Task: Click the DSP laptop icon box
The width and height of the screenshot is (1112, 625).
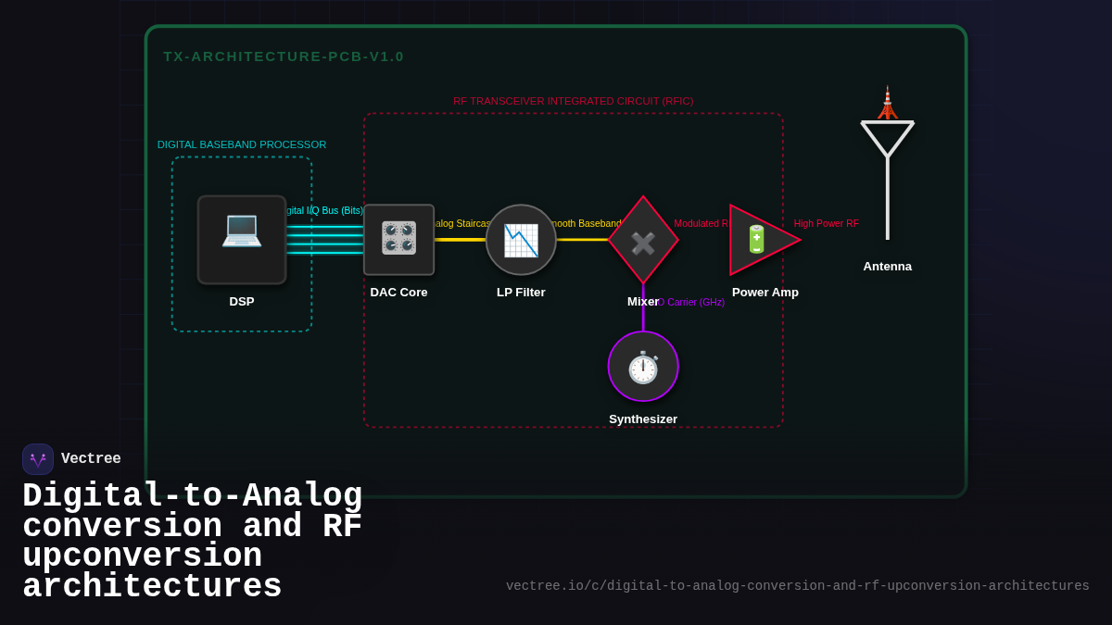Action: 242,240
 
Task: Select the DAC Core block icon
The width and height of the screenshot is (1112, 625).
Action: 398,240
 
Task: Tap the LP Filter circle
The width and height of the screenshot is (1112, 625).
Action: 521,240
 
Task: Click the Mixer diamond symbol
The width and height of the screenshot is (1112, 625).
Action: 643,241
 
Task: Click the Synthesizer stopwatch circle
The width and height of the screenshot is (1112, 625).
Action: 643,367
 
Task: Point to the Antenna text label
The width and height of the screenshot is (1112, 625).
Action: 887,267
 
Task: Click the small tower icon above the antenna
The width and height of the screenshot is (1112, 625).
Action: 887,103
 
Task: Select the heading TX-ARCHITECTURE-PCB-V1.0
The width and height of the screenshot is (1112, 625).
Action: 284,56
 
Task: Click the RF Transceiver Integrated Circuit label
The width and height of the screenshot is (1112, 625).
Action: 573,101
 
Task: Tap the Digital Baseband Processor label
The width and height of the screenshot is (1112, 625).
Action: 242,144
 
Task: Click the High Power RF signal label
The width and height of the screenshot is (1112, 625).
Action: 826,224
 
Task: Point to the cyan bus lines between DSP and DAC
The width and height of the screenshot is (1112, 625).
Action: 324,240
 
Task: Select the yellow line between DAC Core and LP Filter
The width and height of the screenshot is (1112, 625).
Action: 460,240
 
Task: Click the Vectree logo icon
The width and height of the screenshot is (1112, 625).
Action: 38,459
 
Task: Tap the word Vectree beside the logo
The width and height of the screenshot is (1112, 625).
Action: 91,459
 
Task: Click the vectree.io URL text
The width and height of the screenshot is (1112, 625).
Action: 797,586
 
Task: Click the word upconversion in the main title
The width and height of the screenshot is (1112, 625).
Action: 142,557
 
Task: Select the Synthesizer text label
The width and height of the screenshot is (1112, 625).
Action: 643,419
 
